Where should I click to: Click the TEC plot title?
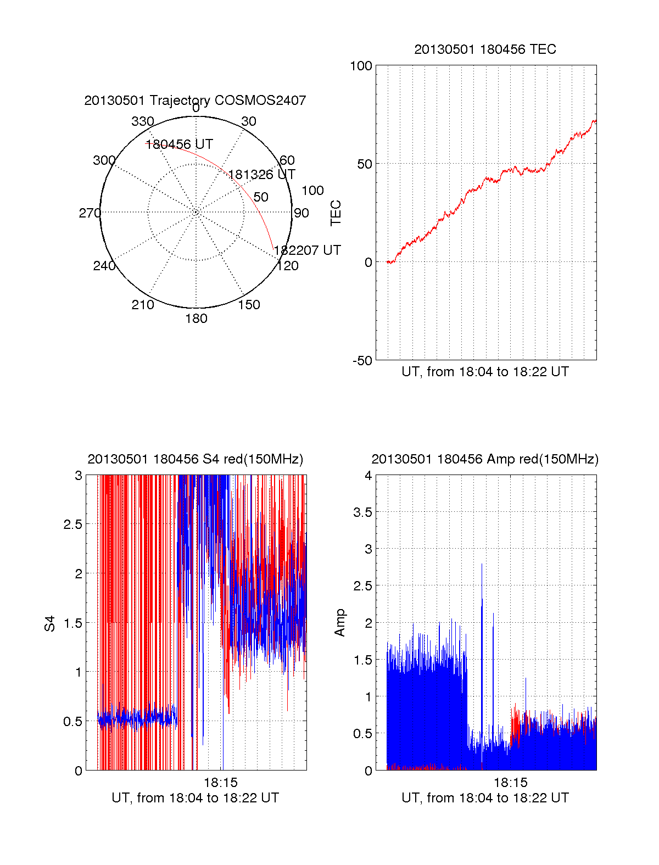tap(485, 49)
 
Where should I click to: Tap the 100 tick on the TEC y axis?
tap(361, 66)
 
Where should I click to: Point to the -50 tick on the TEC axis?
tap(362, 360)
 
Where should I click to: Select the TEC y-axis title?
tap(336, 213)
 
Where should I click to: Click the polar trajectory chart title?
tap(195, 101)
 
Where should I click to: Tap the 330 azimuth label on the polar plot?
tap(143, 121)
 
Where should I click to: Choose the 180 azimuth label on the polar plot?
tap(196, 319)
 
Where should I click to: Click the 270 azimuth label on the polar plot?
tap(90, 213)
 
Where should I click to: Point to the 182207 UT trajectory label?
tap(307, 250)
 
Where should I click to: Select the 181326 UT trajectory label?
tap(261, 175)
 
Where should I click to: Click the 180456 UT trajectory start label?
tap(179, 144)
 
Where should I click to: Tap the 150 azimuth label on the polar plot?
tap(249, 305)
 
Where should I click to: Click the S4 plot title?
tap(195, 459)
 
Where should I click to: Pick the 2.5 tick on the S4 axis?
tap(72, 524)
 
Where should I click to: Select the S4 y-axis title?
tap(50, 623)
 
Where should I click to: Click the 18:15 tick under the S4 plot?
tap(220, 783)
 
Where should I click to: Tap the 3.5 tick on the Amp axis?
tap(362, 512)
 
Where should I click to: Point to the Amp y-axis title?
tap(340, 623)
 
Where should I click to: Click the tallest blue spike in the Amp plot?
tap(482, 566)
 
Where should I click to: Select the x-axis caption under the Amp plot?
tap(485, 798)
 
